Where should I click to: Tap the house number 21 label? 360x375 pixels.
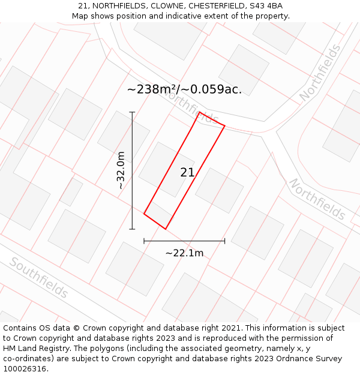tap(187, 173)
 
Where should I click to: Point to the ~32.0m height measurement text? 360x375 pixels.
tap(121, 170)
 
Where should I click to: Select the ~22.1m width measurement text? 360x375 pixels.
tap(184, 253)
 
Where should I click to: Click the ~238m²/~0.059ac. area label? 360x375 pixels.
tap(184, 89)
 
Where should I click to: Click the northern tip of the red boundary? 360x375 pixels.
tap(199, 112)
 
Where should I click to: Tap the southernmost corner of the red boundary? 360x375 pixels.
tap(166, 229)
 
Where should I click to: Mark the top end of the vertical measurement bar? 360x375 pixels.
tap(132, 112)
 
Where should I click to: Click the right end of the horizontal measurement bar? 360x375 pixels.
tap(225, 241)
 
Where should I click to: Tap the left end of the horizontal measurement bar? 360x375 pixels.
tap(144, 241)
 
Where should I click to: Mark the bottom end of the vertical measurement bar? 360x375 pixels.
tap(132, 229)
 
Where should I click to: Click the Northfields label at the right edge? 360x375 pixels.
tap(317, 199)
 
